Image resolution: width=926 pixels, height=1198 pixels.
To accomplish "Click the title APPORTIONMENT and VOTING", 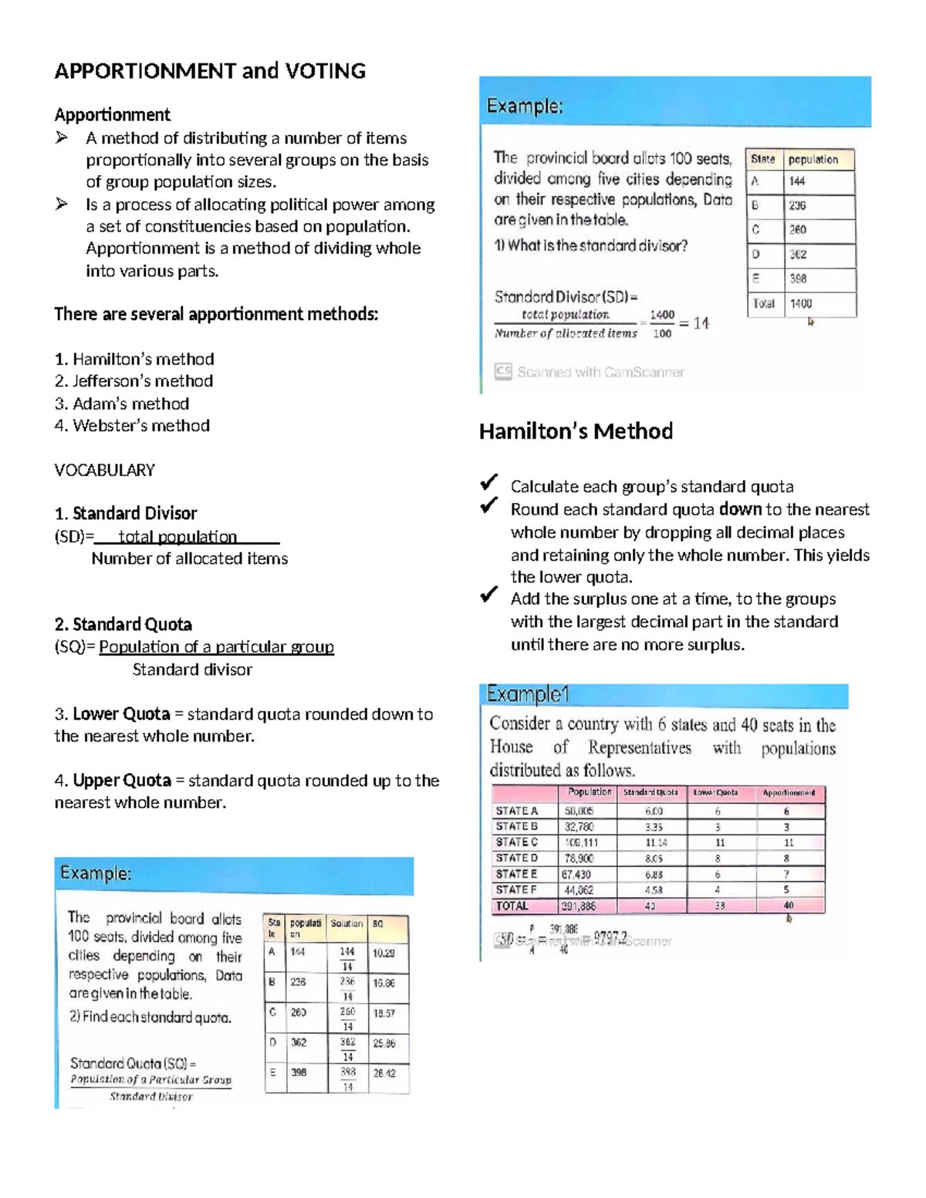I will [210, 71].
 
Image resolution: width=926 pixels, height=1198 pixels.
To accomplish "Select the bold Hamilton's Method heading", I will [576, 431].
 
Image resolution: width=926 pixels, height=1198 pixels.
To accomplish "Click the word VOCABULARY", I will [104, 471].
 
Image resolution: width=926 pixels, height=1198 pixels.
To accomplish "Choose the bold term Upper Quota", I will [122, 781].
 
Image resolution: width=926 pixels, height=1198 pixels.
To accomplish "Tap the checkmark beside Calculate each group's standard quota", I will [488, 484].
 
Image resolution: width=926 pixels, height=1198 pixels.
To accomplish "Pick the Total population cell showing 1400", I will [801, 304].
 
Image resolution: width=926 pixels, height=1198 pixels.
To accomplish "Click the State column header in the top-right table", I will [762, 160].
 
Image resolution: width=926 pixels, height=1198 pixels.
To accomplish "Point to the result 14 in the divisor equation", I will [701, 323].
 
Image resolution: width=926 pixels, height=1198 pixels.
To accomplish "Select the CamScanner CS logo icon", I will [503, 372].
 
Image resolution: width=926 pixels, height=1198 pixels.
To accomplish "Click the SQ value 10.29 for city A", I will [384, 953].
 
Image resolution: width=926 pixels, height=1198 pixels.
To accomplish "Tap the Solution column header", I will [346, 923].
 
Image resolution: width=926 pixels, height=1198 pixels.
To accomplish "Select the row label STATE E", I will [516, 874].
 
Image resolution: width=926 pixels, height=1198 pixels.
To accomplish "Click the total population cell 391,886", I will [579, 906].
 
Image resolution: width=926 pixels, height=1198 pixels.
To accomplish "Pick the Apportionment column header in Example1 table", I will [789, 793].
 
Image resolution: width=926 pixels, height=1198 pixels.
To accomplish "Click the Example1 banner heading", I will [528, 695].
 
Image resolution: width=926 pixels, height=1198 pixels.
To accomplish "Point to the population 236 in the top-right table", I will [797, 206].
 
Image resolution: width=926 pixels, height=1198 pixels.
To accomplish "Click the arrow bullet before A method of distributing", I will [62, 138].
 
